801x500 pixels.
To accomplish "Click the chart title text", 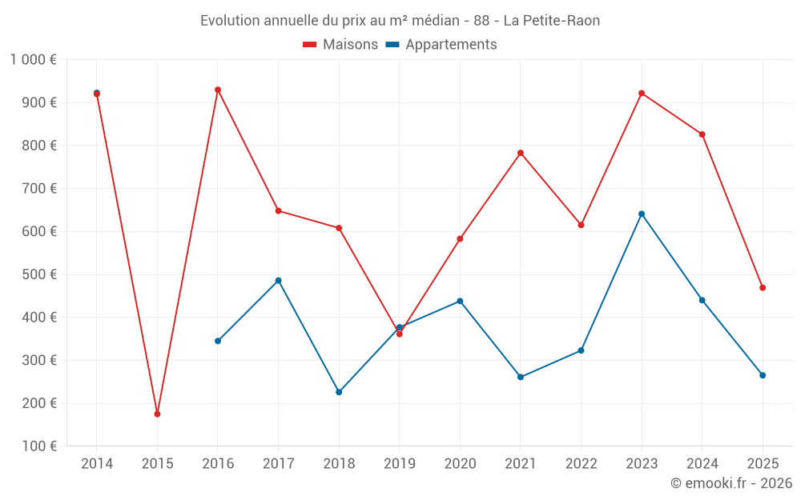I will coord(400,21).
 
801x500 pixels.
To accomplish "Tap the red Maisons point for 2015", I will coord(157,414).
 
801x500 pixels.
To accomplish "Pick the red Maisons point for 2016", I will coord(218,90).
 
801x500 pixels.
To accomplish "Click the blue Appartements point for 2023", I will coord(642,214).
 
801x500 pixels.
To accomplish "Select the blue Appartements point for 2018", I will coord(339,392).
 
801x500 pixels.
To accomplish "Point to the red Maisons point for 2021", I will coord(521,153).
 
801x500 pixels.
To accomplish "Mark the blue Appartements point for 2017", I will coord(278,280).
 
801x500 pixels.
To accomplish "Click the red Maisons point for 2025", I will coord(763,287).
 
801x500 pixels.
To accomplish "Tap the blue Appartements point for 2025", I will coord(763,375).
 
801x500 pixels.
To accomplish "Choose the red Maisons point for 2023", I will coord(642,93).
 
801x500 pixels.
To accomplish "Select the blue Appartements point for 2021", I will coord(521,377).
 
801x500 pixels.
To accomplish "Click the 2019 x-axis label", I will coord(399,464).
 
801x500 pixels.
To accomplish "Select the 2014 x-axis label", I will coord(97,464).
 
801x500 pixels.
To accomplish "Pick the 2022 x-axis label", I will coord(581,464).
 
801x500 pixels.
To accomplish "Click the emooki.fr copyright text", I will coord(731,483).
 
